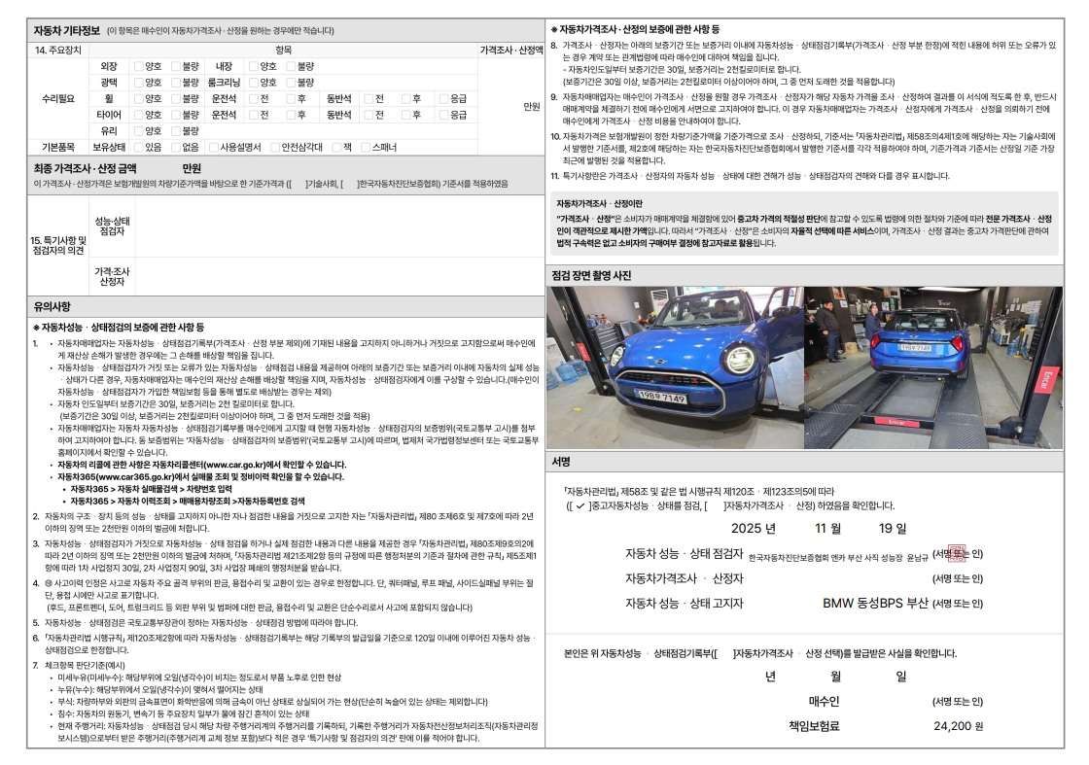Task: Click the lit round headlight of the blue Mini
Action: pos(740,358)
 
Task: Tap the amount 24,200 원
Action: pos(959,725)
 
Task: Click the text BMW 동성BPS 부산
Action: pos(875,603)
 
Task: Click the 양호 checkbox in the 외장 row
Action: pos(138,66)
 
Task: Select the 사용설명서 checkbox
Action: pos(213,147)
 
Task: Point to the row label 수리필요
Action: pos(59,99)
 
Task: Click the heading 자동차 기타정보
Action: pos(67,30)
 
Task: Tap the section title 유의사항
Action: pos(54,307)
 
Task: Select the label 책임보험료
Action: pos(813,725)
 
